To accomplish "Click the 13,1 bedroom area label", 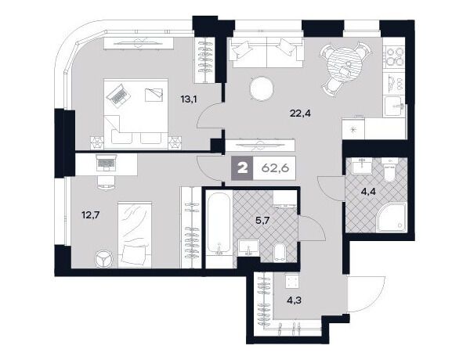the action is tap(189, 99).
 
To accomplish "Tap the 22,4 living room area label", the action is tap(301, 113).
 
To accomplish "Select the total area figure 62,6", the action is tap(275, 168).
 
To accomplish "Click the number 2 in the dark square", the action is tap(242, 168).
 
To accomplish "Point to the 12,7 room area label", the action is tap(90, 214).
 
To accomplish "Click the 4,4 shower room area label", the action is tap(368, 192).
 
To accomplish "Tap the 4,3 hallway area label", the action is tap(294, 300).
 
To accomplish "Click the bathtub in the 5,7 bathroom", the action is tap(219, 227).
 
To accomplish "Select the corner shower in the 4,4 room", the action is tap(392, 216).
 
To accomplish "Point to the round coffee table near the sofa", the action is tap(262, 88).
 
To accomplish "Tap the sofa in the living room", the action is tap(266, 53).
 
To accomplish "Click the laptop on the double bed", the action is tap(117, 95).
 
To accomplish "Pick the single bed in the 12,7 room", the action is tap(135, 235).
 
